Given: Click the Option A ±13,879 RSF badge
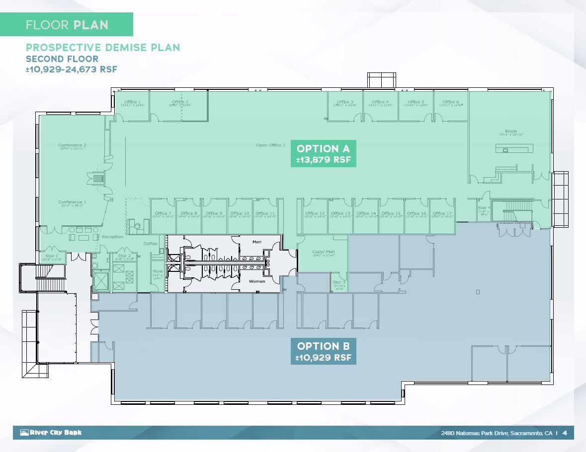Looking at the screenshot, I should point(323,154).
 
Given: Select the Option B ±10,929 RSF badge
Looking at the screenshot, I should point(323,351).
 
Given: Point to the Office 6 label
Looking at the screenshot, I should point(450,102).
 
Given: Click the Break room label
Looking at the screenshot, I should point(510,132).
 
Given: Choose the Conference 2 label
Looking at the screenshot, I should point(72,146).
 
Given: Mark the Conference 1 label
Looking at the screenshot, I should point(72,202).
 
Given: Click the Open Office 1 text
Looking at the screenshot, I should point(270,145).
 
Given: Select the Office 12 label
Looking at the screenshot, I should point(315,214).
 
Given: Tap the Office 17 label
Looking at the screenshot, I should point(442,214).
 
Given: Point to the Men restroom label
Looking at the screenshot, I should point(257,242).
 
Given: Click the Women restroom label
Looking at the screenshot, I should point(257,281).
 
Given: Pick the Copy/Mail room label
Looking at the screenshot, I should point(318,253).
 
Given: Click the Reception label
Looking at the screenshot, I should point(112,237).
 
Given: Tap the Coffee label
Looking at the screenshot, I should point(150,244).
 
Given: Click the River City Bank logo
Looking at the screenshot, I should point(51,433).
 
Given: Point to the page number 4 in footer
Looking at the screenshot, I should point(565,433).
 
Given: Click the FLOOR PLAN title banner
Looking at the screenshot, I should point(67,25).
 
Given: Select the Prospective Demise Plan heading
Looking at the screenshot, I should point(103,48).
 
